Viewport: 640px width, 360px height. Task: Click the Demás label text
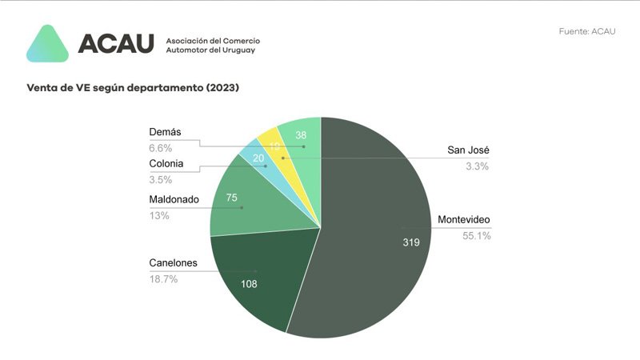point(166,132)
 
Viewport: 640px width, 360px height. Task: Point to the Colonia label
point(166,165)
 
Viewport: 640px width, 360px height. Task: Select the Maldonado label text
point(174,199)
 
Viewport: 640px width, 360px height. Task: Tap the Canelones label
point(174,262)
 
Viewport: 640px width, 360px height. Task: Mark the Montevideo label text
point(464,220)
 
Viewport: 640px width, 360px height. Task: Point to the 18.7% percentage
point(163,278)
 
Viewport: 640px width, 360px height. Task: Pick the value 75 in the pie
point(233,198)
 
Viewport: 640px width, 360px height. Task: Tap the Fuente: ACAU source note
point(587,31)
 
